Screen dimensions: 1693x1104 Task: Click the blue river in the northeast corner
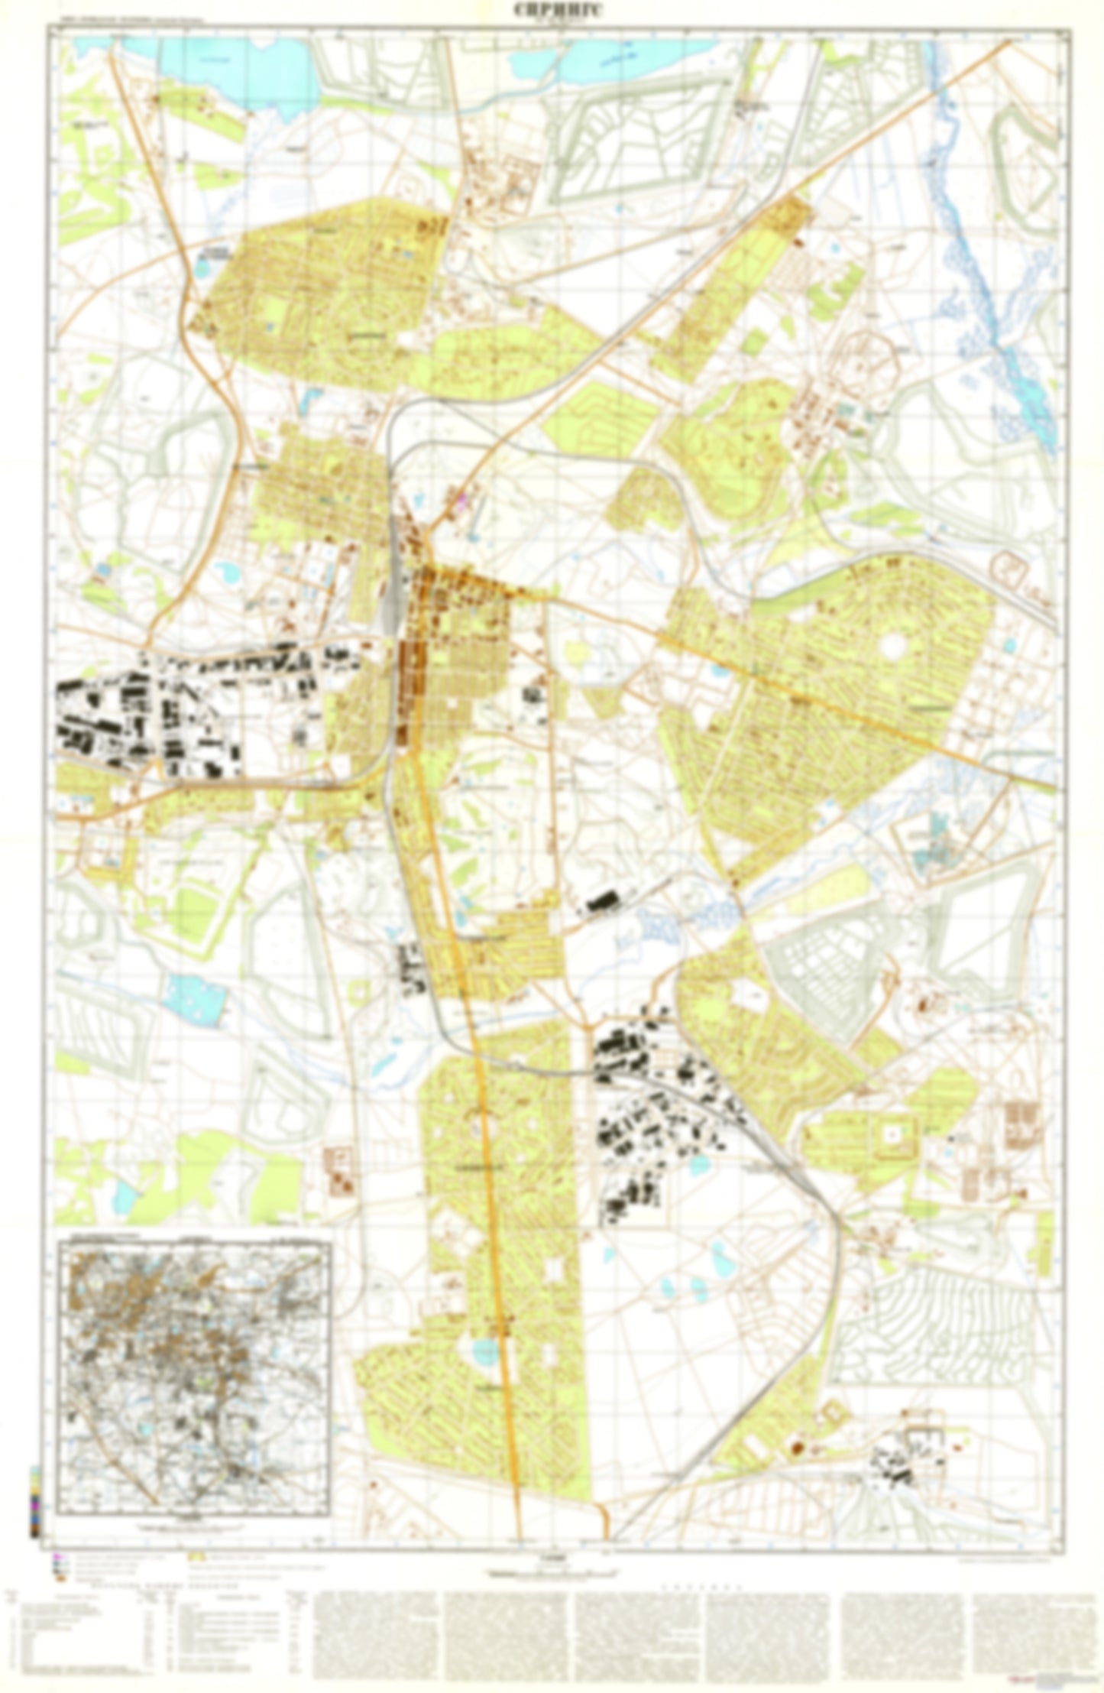click(x=986, y=290)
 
